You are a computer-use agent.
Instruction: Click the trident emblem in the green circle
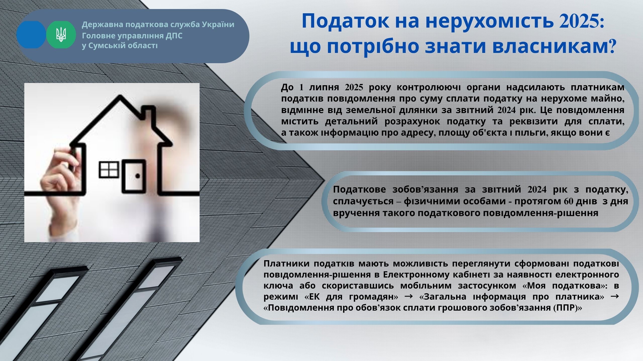(61, 35)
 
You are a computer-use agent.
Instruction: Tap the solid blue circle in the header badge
(31, 35)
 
